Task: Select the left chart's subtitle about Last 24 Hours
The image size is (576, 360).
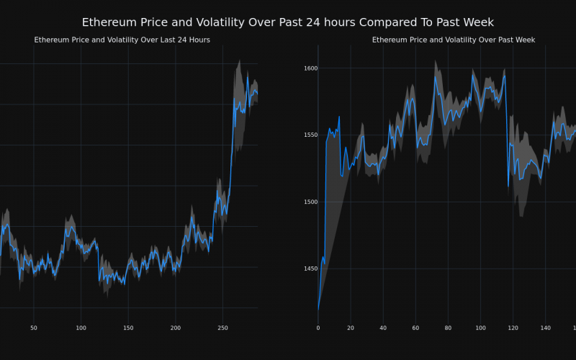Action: tap(122, 40)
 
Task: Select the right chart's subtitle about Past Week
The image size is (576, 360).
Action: tap(453, 40)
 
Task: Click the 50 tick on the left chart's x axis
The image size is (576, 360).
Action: tap(34, 328)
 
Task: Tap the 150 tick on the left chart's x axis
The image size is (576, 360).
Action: tap(128, 328)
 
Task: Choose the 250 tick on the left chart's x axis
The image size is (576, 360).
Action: tap(222, 328)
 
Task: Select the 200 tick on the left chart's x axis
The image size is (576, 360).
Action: tap(176, 328)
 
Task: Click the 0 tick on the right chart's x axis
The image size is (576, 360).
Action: tap(318, 328)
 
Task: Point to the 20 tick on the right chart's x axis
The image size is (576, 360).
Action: tap(351, 328)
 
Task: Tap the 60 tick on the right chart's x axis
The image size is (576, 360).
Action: tap(415, 328)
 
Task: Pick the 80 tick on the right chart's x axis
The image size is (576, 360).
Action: tap(448, 328)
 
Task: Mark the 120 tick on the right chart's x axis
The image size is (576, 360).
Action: tap(513, 328)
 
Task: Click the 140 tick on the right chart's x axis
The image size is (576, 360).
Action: tap(545, 328)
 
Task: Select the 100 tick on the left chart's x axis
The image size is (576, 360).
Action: tap(81, 328)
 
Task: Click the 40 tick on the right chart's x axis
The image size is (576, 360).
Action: tap(383, 328)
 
